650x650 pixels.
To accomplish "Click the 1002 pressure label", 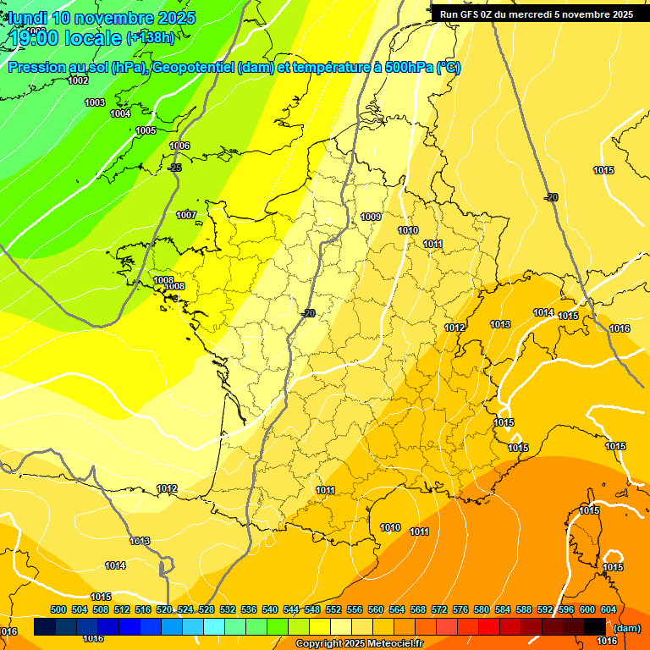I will click(x=78, y=80).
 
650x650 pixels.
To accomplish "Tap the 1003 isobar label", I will click(x=95, y=102).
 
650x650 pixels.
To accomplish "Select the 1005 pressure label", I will click(x=146, y=130).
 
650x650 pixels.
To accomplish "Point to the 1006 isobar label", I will click(x=179, y=146).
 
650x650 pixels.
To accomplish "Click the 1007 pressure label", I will click(x=186, y=215).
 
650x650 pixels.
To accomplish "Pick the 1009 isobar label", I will click(x=371, y=217).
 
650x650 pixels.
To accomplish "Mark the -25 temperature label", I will click(x=175, y=168).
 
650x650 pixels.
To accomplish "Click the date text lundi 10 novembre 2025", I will click(x=102, y=18).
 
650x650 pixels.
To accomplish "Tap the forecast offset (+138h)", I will click(x=150, y=37).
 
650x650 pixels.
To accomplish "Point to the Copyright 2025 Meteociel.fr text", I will click(x=359, y=643).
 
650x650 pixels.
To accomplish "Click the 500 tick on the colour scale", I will click(x=58, y=609).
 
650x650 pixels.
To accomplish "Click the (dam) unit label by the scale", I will click(x=627, y=628).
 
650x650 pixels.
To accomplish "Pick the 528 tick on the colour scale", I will click(x=207, y=609).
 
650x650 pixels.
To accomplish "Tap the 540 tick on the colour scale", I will click(x=270, y=609).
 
